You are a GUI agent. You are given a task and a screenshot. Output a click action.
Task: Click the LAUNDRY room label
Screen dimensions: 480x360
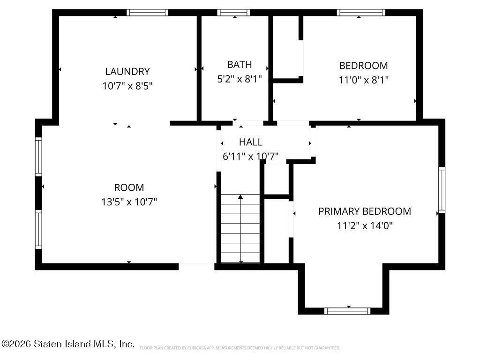pyautogui.click(x=127, y=71)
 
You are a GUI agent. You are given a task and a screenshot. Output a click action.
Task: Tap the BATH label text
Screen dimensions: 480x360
pyautogui.click(x=240, y=65)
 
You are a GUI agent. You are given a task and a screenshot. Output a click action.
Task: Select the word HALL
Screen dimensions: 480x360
pyautogui.click(x=251, y=142)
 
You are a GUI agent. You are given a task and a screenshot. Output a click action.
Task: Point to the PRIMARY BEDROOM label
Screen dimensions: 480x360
pyautogui.click(x=365, y=211)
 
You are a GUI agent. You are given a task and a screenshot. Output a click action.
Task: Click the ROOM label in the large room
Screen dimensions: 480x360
pyautogui.click(x=129, y=187)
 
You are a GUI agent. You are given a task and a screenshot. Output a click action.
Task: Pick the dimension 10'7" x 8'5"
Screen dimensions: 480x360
pyautogui.click(x=127, y=86)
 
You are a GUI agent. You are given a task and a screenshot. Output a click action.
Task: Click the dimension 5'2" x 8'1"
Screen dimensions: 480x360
pyautogui.click(x=240, y=79)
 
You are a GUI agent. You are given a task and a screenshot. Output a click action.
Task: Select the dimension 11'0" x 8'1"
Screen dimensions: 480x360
pyautogui.click(x=363, y=80)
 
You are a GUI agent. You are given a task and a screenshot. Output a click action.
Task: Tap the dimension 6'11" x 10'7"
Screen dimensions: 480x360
pyautogui.click(x=251, y=157)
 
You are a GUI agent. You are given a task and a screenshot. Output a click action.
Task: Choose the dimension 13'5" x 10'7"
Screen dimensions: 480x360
pyautogui.click(x=129, y=202)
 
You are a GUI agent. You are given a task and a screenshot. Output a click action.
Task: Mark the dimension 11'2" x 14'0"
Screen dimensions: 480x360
pyautogui.click(x=365, y=225)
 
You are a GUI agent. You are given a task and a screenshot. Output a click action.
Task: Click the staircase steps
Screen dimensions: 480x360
pyautogui.click(x=240, y=228)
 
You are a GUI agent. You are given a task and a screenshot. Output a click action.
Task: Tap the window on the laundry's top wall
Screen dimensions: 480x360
pyautogui.click(x=147, y=13)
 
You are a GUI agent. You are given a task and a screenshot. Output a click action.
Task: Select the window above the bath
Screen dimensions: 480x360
pyautogui.click(x=233, y=13)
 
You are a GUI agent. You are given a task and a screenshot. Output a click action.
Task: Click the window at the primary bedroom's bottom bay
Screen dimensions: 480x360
pyautogui.click(x=347, y=311)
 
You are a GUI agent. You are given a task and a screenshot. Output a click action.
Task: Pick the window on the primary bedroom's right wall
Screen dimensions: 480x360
pyautogui.click(x=442, y=190)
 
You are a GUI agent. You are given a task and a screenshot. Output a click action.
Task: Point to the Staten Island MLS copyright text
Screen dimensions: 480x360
pyautogui.click(x=67, y=344)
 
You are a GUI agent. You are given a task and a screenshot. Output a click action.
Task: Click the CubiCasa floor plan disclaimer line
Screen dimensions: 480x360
pyautogui.click(x=240, y=348)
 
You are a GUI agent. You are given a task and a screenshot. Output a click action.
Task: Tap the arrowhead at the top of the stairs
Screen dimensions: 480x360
pyautogui.click(x=240, y=196)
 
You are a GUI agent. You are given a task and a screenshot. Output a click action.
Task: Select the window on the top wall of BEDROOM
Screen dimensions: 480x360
pyautogui.click(x=361, y=13)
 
